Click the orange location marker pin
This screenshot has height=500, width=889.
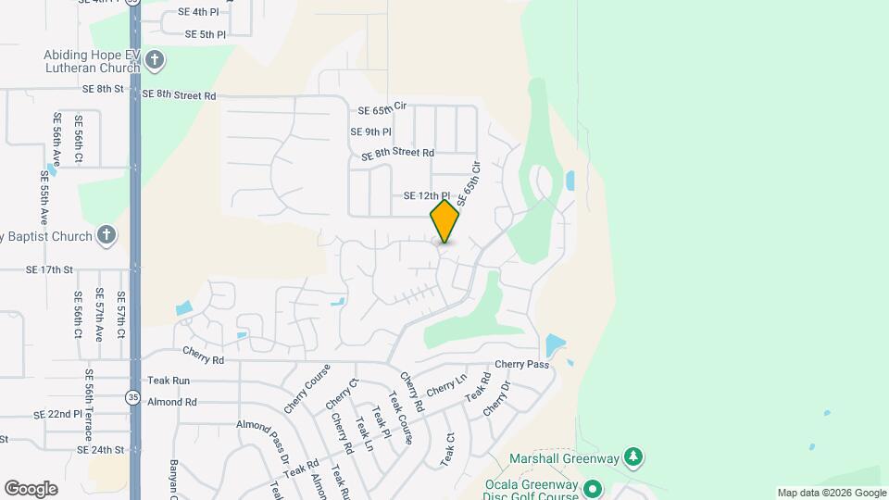pyautogui.click(x=444, y=221)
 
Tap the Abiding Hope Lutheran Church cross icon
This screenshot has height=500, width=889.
pyautogui.click(x=154, y=61)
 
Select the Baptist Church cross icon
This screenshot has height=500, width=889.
pyautogui.click(x=107, y=235)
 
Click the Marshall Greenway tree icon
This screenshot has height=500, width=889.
pyautogui.click(x=633, y=457)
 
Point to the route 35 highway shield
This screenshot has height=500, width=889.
pyautogui.click(x=133, y=397)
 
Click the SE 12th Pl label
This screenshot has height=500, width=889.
pyautogui.click(x=426, y=196)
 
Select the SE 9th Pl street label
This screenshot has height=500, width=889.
pyautogui.click(x=371, y=132)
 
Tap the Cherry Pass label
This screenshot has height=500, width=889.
pyautogui.click(x=521, y=365)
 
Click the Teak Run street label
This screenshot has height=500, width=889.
pyautogui.click(x=169, y=381)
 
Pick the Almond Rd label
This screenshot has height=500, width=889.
pyautogui.click(x=172, y=403)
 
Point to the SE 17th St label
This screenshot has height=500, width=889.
pyautogui.click(x=50, y=270)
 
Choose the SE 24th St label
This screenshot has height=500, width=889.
pyautogui.click(x=101, y=450)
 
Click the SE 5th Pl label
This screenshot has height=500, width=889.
pyautogui.click(x=206, y=34)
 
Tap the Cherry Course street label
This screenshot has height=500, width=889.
pyautogui.click(x=307, y=390)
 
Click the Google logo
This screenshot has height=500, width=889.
pyautogui.click(x=31, y=489)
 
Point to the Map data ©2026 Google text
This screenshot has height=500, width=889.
pyautogui.click(x=831, y=493)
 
